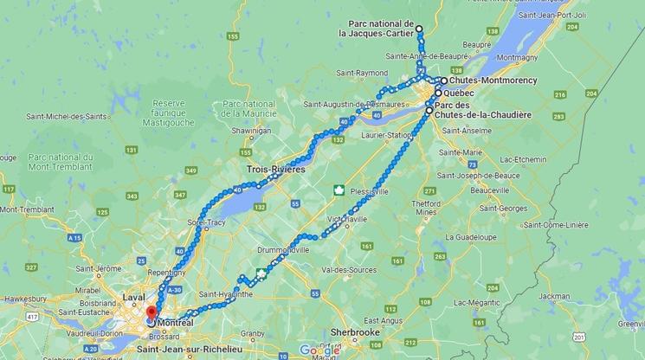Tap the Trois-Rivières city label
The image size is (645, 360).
point(276,170)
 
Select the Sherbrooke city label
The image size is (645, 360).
point(358,331)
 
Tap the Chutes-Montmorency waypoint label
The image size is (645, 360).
point(493,80)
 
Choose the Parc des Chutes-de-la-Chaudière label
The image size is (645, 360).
point(483,110)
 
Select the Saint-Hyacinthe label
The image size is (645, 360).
point(228,293)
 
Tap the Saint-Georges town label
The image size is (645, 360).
point(505,209)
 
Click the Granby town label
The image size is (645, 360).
point(252,333)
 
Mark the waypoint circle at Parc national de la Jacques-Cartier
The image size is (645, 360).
point(419,29)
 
